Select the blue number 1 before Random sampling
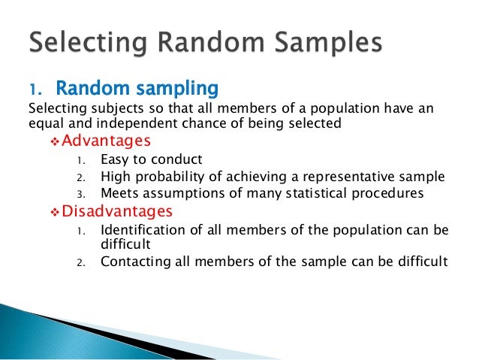35,90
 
